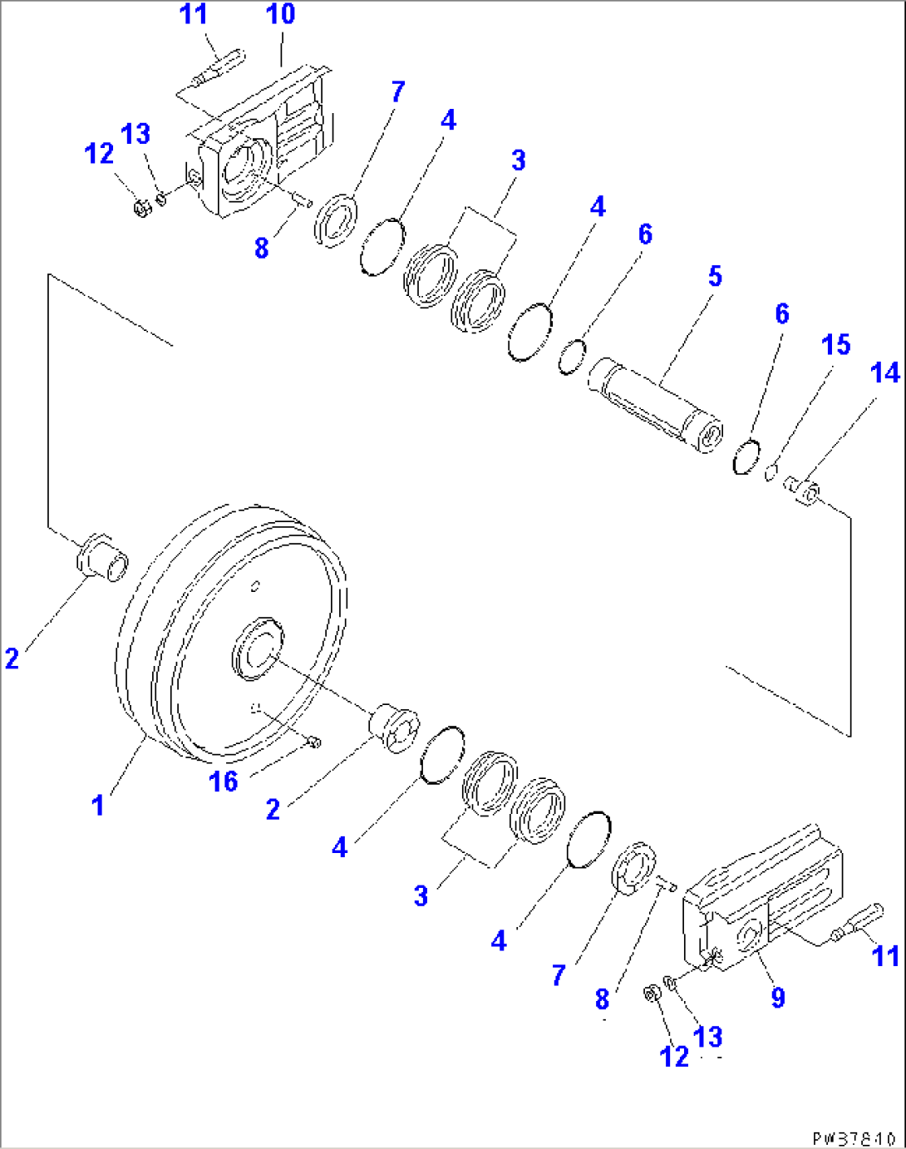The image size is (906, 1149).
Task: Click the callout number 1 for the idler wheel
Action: click(x=97, y=805)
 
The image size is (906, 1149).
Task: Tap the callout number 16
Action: click(x=223, y=782)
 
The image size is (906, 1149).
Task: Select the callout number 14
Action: click(x=885, y=373)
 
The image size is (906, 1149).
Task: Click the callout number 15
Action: click(x=835, y=344)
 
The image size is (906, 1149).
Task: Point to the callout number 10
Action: click(x=280, y=14)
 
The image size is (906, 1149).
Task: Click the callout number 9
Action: click(x=777, y=997)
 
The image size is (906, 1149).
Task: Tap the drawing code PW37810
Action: click(x=854, y=1137)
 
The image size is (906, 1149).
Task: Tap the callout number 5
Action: click(x=715, y=276)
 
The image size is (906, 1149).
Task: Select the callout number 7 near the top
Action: click(x=397, y=91)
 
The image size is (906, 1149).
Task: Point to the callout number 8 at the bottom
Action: click(x=602, y=999)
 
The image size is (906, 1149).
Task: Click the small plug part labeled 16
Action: click(x=313, y=742)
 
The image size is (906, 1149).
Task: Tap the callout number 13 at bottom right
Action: click(x=707, y=1036)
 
